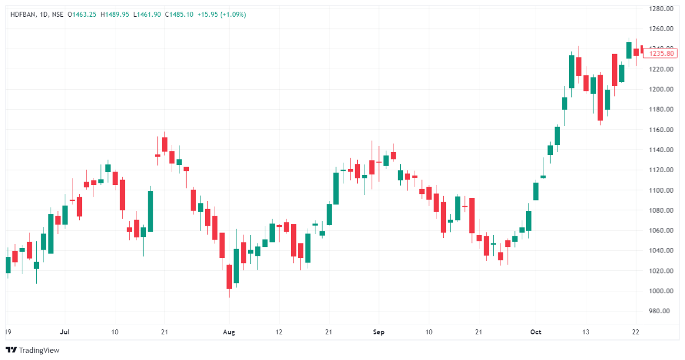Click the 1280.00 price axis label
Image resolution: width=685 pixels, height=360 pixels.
(662, 8)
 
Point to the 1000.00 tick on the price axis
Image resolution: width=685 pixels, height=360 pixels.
(662, 291)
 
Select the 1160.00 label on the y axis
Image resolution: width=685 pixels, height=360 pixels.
(662, 129)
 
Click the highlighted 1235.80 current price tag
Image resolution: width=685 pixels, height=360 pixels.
(659, 53)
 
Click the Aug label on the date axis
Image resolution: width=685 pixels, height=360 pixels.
(229, 332)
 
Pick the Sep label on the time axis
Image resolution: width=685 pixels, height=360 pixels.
(378, 332)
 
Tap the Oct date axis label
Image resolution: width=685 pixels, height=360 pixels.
(536, 332)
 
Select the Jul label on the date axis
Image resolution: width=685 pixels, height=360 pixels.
(65, 332)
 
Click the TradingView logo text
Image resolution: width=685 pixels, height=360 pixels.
(38, 351)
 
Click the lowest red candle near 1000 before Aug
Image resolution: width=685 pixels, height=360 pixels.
(229, 276)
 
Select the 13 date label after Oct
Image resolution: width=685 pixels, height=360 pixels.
(585, 332)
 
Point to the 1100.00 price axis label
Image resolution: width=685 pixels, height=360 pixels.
(662, 190)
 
